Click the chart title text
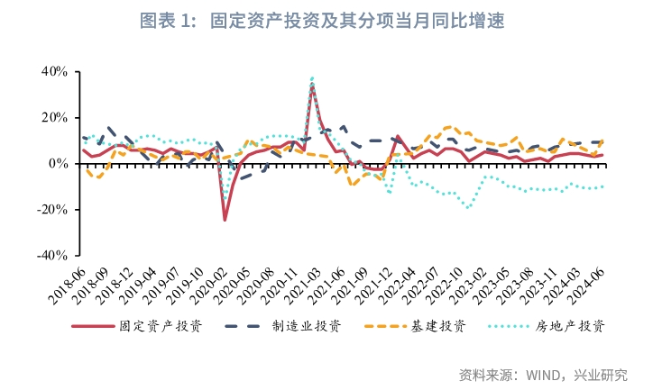(330, 20)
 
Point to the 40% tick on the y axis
(55, 71)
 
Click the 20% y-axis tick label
(55, 117)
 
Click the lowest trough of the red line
(225, 220)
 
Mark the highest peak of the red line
(312, 86)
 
